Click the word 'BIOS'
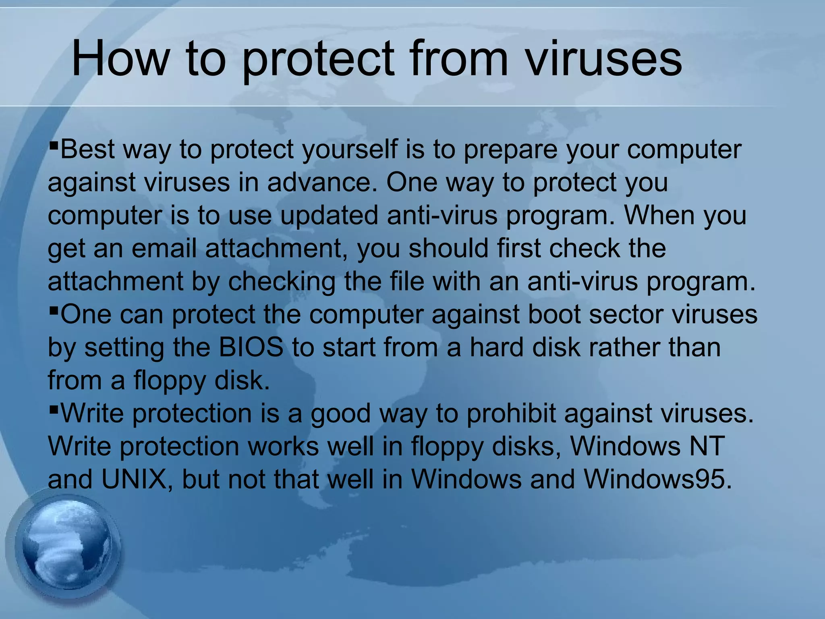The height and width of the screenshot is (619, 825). (x=251, y=347)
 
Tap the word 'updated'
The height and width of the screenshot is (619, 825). (x=329, y=216)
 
